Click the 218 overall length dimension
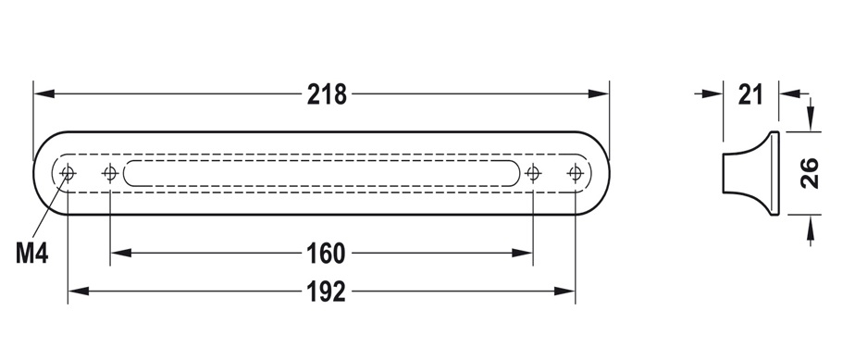click(x=327, y=94)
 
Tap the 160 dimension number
click(x=326, y=254)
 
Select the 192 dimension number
click(x=326, y=292)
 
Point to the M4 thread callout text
click(x=32, y=253)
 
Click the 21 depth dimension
click(x=751, y=94)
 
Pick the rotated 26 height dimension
click(x=809, y=173)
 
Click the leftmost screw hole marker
click(x=68, y=173)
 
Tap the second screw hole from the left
click(x=110, y=173)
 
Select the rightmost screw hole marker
click(x=576, y=173)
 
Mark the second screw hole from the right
click(x=533, y=173)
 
